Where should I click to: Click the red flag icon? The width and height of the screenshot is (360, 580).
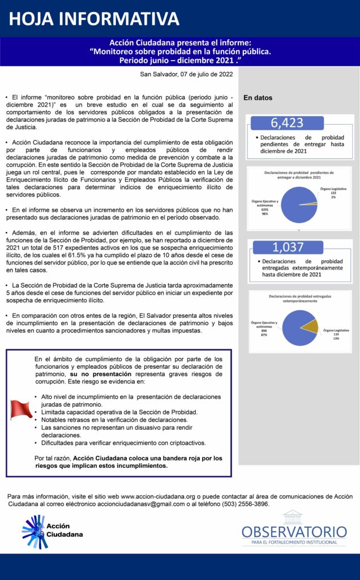(x=21, y=409)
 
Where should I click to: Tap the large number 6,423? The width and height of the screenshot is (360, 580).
(x=287, y=123)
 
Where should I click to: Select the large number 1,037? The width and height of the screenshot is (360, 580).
(x=288, y=247)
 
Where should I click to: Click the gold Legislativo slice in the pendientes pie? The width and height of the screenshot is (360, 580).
(x=312, y=203)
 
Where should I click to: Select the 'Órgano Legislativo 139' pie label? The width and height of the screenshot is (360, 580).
(x=336, y=334)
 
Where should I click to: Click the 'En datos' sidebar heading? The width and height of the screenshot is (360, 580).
(x=258, y=98)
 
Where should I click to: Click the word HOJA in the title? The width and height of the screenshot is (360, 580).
(x=33, y=19)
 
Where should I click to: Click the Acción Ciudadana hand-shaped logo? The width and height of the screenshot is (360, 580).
(x=33, y=531)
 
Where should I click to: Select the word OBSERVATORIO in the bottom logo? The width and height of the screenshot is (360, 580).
(x=294, y=532)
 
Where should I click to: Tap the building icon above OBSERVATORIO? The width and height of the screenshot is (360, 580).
(x=293, y=517)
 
